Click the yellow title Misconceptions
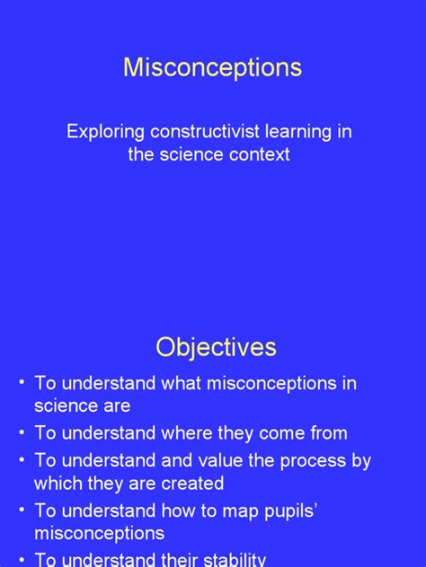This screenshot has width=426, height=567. pos(212,68)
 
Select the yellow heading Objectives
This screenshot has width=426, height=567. pos(216,347)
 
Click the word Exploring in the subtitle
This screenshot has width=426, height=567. pos(103,132)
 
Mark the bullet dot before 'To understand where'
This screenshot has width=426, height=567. pos(20,433)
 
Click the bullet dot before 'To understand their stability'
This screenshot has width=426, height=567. pos(20,559)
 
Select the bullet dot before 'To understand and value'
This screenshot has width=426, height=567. pos(20,461)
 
